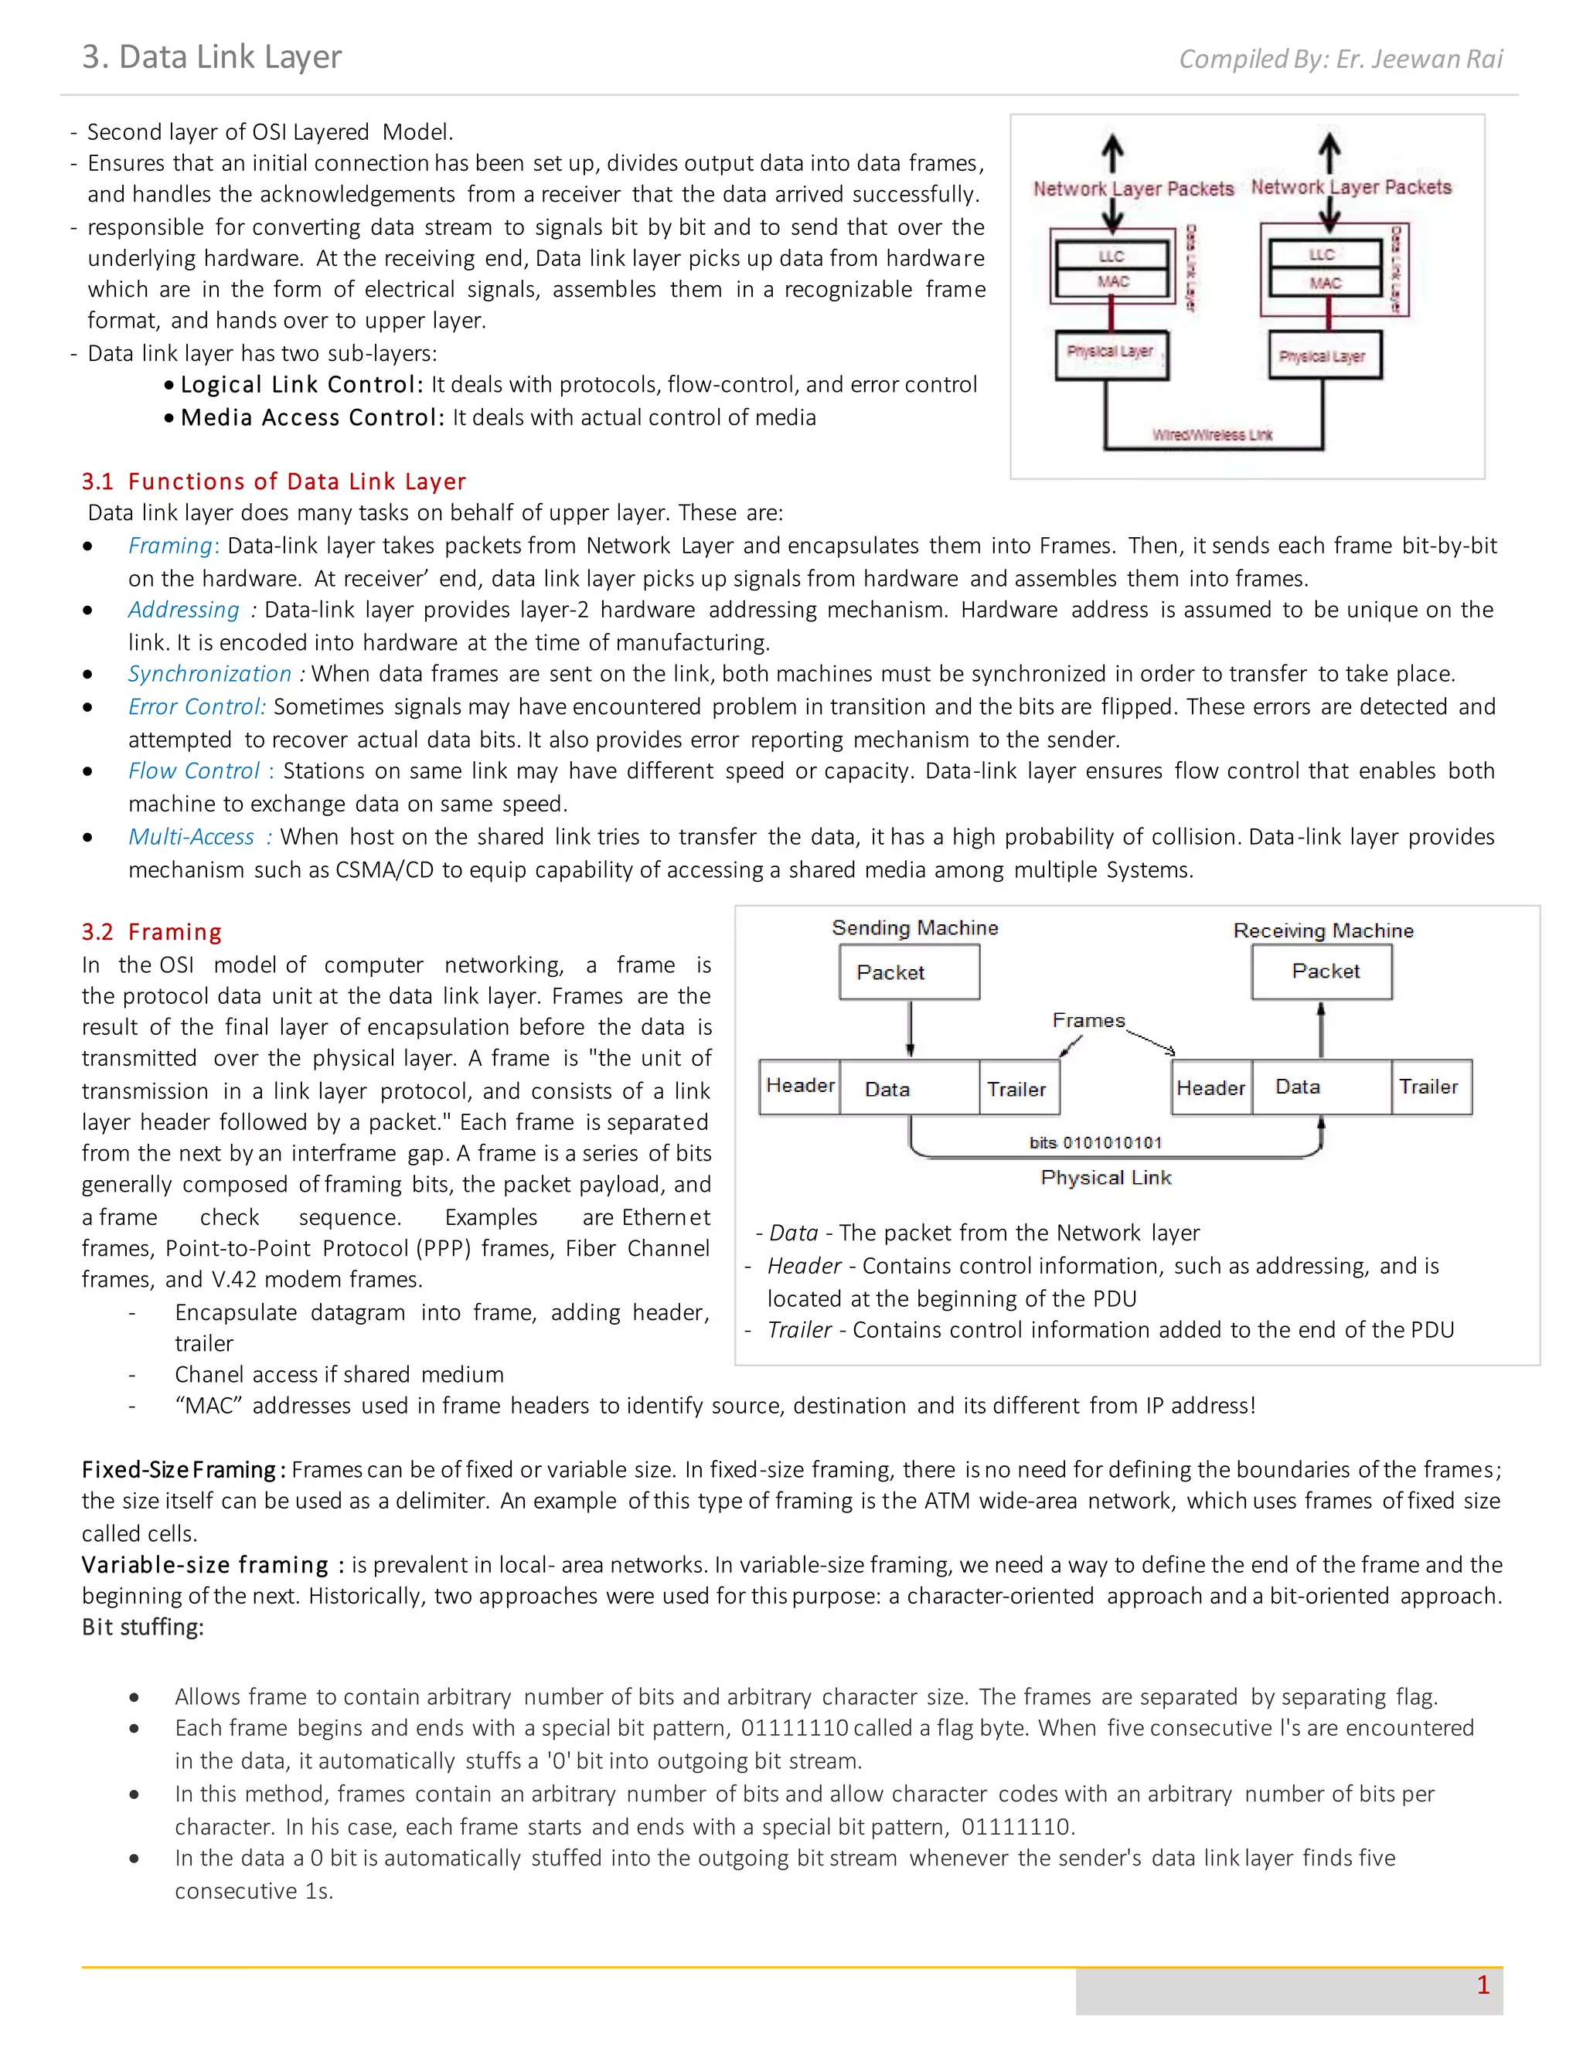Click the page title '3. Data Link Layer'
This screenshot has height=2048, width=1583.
(212, 57)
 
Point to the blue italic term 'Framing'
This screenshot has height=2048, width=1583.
(171, 545)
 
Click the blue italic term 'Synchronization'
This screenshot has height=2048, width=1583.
(209, 673)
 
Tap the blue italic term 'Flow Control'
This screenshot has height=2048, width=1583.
(193, 771)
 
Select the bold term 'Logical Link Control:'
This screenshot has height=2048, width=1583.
(301, 384)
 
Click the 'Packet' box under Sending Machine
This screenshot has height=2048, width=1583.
(909, 971)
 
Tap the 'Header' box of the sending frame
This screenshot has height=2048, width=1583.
(799, 1086)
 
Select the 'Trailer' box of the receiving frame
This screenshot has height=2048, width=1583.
(1428, 1087)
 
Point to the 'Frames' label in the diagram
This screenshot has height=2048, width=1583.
(1088, 1020)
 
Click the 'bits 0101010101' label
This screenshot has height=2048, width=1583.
(1095, 1142)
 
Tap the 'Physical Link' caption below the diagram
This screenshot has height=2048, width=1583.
(1105, 1178)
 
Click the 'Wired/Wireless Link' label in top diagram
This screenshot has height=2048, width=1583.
(1212, 435)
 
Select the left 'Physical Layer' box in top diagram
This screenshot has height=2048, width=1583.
(1112, 353)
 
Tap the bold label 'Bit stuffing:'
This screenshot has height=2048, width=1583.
(142, 1627)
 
